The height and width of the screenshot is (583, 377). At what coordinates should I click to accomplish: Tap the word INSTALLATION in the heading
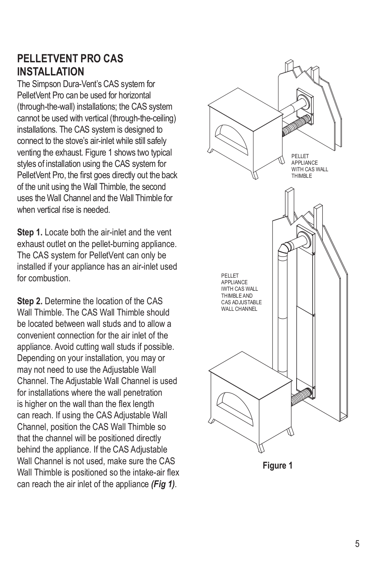coord(51,71)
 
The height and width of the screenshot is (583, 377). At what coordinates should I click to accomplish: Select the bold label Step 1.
coord(30,232)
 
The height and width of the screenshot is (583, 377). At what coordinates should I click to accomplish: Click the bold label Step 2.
coord(30,301)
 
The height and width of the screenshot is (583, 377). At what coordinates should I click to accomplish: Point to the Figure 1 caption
coord(278,466)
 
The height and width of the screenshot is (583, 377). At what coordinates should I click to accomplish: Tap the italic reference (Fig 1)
coord(163,484)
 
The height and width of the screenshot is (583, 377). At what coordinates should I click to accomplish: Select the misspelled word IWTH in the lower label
coord(227,289)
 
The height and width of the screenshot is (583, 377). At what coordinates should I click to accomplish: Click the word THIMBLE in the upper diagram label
coord(302,176)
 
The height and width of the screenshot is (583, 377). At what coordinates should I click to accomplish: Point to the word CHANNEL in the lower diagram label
coord(247,309)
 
